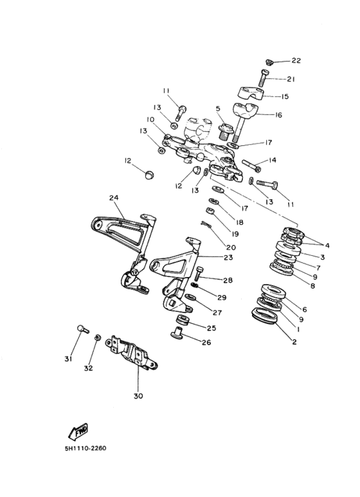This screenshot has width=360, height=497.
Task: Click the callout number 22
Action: (296, 60)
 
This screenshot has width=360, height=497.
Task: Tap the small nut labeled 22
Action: (269, 62)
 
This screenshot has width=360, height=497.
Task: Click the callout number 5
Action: (218, 109)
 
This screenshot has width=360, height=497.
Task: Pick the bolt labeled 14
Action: (251, 164)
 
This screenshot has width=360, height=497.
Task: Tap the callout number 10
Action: (150, 120)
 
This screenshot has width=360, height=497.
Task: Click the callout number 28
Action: (228, 280)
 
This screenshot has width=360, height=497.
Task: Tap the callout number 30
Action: (138, 396)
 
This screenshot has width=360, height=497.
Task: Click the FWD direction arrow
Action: (77, 431)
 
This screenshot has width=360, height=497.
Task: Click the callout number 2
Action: (294, 342)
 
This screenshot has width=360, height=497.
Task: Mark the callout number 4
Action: (327, 245)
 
